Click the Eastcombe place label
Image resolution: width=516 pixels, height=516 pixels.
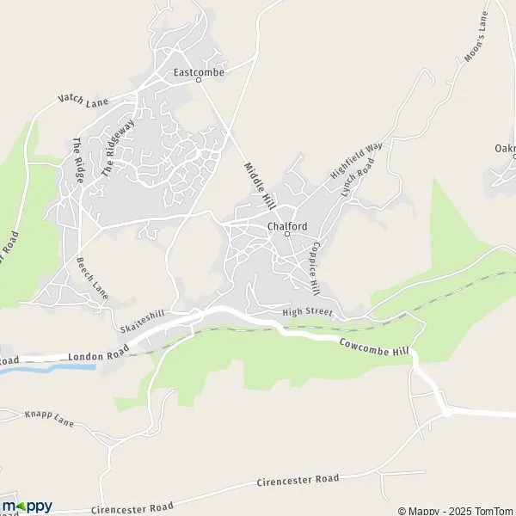click(199, 72)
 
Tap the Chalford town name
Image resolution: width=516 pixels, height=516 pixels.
click(287, 226)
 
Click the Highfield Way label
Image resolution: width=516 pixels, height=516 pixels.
click(355, 161)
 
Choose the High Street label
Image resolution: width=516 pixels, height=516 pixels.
click(307, 313)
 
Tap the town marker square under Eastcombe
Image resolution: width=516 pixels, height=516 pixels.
click(199, 80)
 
